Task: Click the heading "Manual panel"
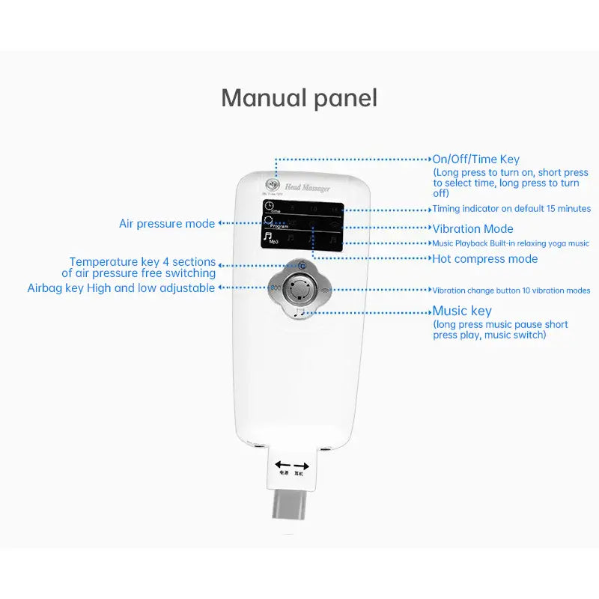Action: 299,98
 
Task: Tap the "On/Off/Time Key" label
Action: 475,159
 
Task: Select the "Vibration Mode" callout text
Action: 472,228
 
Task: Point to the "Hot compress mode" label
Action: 484,259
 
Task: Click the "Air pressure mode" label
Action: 166,224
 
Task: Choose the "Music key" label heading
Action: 462,311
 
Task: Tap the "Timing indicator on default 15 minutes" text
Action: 511,209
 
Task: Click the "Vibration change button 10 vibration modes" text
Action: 511,291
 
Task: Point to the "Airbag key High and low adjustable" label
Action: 121,288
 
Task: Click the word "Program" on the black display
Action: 279,226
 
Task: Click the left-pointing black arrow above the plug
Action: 283,464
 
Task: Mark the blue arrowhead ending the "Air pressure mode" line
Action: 219,224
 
